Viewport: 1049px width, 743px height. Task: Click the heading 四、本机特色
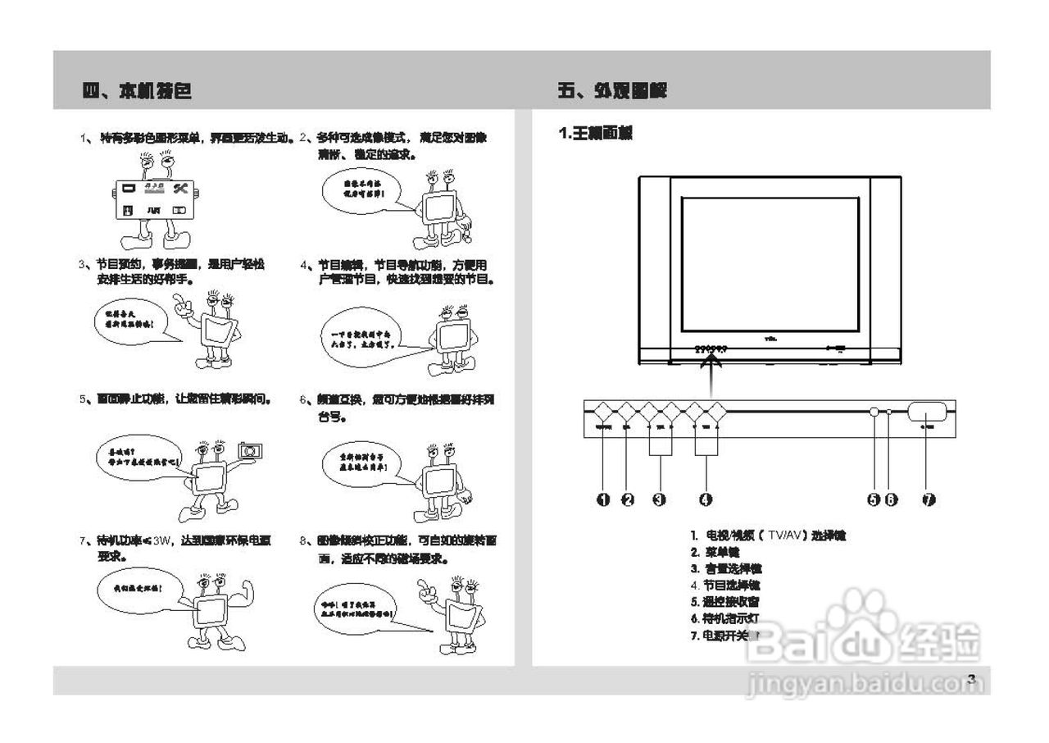(137, 91)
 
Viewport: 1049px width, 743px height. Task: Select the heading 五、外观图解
(612, 91)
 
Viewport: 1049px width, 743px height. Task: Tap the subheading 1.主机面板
(596, 133)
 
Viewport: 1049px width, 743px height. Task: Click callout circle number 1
(603, 499)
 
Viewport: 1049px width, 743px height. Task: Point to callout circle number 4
(706, 499)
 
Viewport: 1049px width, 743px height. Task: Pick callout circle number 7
(929, 499)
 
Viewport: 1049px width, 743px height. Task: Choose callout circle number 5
(874, 499)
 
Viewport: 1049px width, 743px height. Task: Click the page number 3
(971, 679)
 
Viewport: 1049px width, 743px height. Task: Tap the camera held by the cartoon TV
(249, 450)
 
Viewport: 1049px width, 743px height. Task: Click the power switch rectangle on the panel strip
(929, 411)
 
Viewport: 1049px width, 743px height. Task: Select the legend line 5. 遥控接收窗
(726, 601)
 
